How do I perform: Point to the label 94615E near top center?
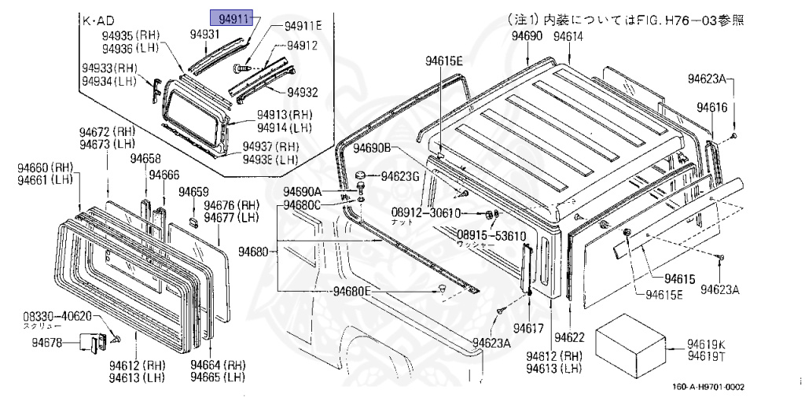click(x=445, y=61)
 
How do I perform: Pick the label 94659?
click(x=193, y=192)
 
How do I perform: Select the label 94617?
click(x=529, y=327)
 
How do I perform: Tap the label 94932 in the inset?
click(x=302, y=92)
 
